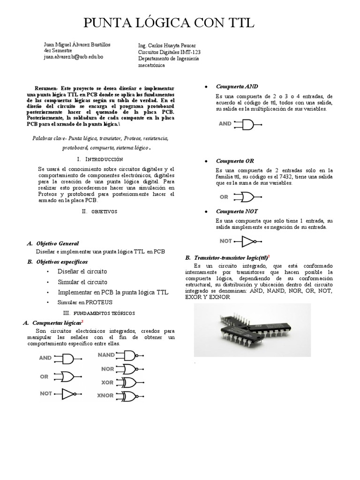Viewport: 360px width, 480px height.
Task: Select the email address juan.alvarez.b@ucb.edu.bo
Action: pyautogui.click(x=73, y=56)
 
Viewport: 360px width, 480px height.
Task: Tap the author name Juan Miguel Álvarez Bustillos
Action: pyautogui.click(x=77, y=45)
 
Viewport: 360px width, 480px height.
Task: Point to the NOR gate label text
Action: pyautogui.click(x=107, y=369)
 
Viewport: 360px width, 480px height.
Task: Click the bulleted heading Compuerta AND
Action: pyautogui.click(x=237, y=86)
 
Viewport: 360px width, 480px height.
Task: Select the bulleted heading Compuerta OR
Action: pyautogui.click(x=235, y=161)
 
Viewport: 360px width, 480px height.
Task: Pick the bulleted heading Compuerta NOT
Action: pyautogui.click(x=237, y=211)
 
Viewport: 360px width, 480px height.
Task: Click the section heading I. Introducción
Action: pyautogui.click(x=99, y=159)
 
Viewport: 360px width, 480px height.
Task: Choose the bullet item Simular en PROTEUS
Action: pyautogui.click(x=86, y=302)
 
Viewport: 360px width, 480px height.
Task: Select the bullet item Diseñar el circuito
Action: pyautogui.click(x=82, y=271)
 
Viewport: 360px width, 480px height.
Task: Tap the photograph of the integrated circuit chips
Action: pyautogui.click(x=252, y=325)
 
